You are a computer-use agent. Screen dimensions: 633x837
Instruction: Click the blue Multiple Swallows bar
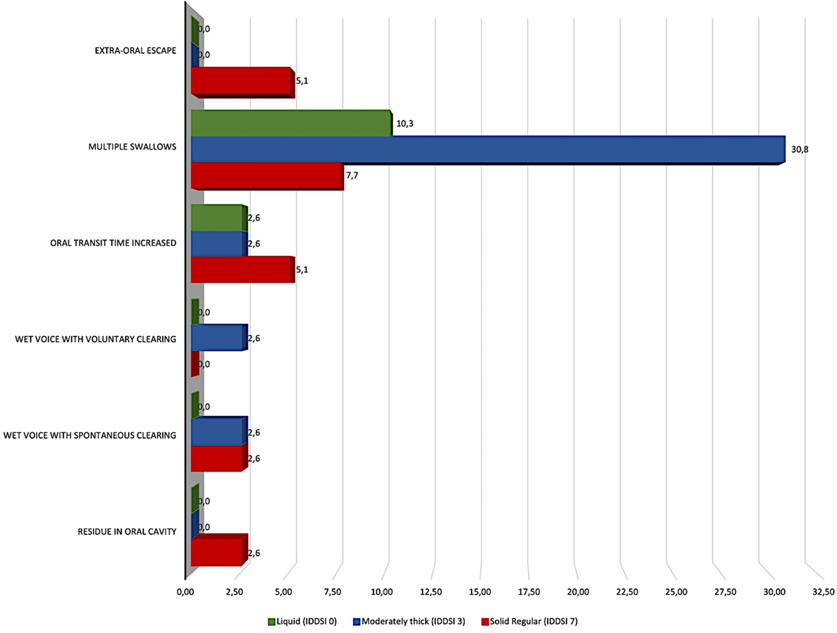[487, 149]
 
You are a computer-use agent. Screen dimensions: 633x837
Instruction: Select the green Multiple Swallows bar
[291, 123]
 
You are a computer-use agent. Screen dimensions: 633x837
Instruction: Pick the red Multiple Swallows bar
[266, 175]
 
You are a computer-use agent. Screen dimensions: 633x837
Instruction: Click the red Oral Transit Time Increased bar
[242, 269]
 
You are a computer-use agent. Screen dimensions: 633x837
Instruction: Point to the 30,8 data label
[799, 149]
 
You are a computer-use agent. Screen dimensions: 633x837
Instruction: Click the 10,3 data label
[404, 123]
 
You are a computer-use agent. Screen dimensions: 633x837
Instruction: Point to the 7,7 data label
[352, 175]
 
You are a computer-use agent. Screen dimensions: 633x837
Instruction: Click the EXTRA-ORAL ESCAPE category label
[135, 50]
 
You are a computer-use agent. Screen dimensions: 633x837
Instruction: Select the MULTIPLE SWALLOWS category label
[132, 146]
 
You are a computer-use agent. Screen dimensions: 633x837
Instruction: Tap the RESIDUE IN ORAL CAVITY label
[127, 531]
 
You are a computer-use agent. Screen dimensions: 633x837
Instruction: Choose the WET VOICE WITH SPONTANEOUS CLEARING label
[89, 435]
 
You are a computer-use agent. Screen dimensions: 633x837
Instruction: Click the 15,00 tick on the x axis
[480, 592]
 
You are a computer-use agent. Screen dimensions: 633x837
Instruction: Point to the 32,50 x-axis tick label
[823, 592]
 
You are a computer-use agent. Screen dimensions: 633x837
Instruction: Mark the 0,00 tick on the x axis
[186, 592]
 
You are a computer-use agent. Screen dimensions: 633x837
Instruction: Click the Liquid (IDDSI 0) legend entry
[302, 621]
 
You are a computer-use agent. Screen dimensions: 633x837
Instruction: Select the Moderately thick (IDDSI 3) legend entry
[409, 621]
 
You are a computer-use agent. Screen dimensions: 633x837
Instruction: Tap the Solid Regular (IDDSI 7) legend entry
[529, 621]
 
